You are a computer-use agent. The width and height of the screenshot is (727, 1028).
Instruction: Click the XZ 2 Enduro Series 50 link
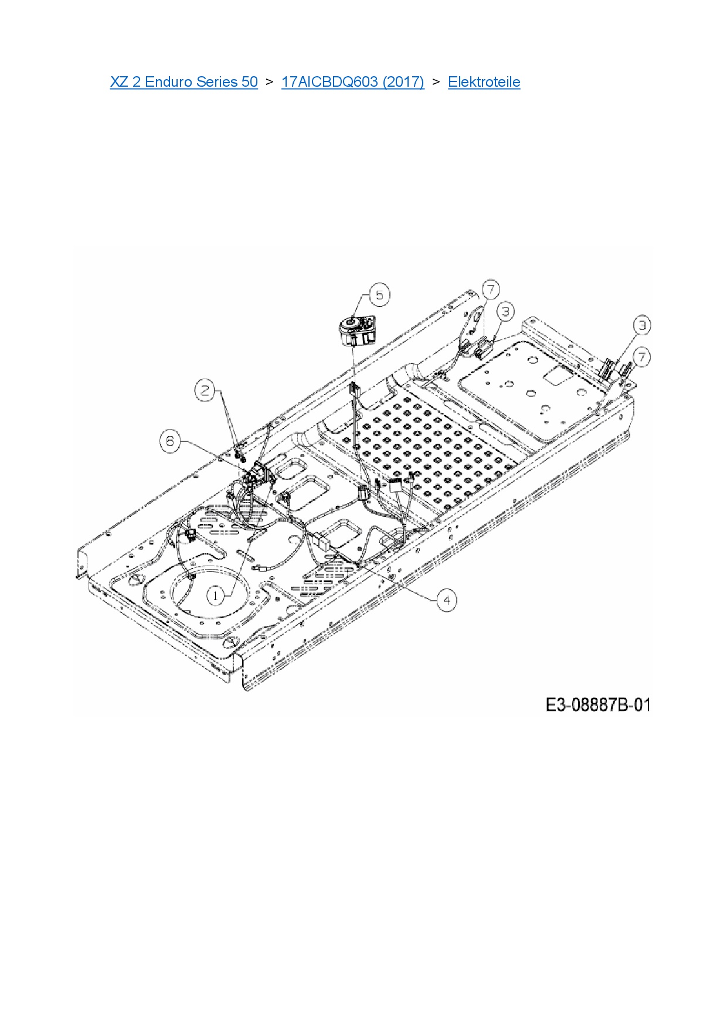184,82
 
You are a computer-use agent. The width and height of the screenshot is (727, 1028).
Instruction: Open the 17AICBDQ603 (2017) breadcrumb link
352,82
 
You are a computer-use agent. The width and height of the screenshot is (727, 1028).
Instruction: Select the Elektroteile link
484,82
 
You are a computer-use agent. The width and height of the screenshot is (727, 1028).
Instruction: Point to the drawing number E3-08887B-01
598,704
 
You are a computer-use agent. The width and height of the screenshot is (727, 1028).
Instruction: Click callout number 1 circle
216,596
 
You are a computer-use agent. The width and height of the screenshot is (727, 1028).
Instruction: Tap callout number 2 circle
205,390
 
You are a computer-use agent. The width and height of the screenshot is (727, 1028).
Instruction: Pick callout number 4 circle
447,600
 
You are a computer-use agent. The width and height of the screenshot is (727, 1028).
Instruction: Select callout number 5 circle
379,295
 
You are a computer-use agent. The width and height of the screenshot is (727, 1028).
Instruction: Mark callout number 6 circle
170,440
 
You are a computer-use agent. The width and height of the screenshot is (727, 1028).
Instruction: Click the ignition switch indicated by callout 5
356,331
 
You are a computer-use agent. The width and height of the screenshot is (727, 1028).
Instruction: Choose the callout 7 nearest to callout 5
491,289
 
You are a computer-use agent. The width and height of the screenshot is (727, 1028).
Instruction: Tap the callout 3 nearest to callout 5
505,311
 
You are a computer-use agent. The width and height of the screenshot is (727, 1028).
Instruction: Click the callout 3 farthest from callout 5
642,325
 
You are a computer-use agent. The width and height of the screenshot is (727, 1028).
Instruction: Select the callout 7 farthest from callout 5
642,356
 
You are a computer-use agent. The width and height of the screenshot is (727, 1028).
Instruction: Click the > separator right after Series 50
269,82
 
